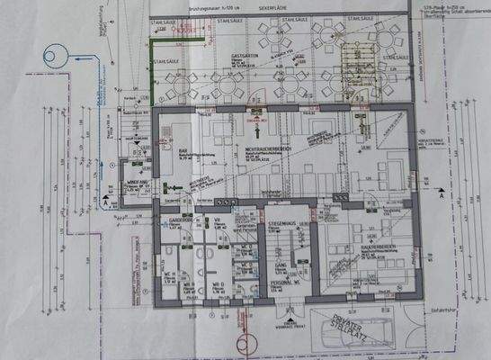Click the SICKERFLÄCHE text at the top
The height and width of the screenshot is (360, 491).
pos(274,6)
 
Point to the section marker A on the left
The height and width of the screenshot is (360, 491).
pos(107,203)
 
